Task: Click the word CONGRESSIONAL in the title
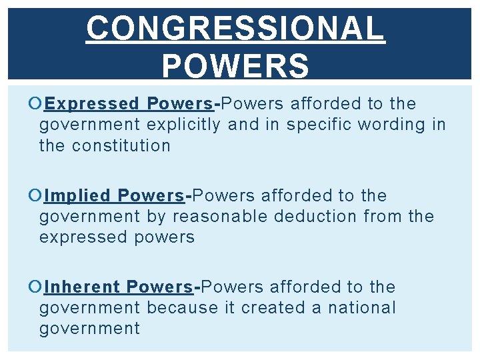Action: point(235,29)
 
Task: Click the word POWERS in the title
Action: point(235,66)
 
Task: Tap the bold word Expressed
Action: point(93,104)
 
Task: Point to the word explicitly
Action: point(184,125)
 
